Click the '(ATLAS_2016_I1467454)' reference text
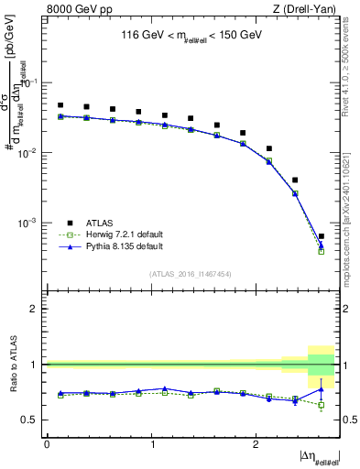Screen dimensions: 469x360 pyautogui.click(x=191, y=274)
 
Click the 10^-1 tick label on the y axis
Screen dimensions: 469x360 pyautogui.click(x=30, y=82)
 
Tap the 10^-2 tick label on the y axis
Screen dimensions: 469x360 pyautogui.click(x=30, y=153)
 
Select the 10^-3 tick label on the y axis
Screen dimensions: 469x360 pyautogui.click(x=30, y=223)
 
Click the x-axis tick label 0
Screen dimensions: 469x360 pyautogui.click(x=47, y=444)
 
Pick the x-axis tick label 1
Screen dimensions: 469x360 pyautogui.click(x=151, y=444)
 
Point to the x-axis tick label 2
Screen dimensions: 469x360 pyautogui.click(x=256, y=444)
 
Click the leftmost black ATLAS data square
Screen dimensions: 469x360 pyautogui.click(x=60, y=105)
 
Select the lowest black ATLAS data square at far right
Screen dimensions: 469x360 pyautogui.click(x=322, y=236)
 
